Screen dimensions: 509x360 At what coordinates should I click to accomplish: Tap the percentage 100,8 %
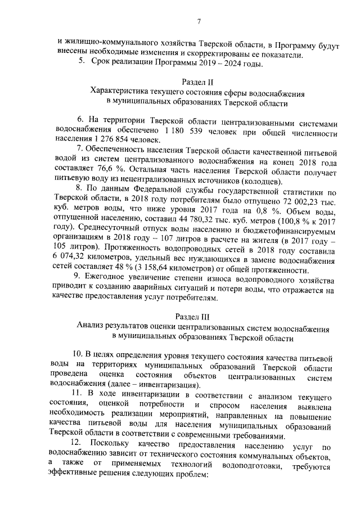287,218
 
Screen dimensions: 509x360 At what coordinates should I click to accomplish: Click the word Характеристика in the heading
123,92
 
